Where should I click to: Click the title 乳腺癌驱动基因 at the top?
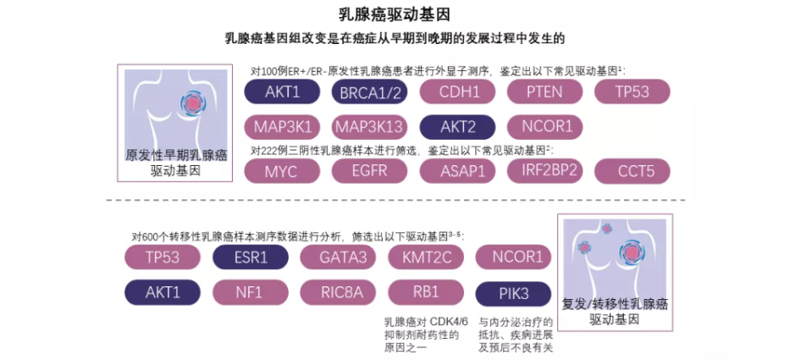tap(406, 14)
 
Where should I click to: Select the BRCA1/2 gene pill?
tap(369, 92)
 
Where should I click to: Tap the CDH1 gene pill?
tap(456, 91)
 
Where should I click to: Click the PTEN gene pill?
tap(544, 91)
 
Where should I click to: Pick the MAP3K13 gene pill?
tap(369, 127)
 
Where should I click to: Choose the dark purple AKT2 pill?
tap(456, 127)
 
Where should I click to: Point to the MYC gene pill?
tap(281, 170)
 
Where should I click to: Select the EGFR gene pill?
tap(369, 170)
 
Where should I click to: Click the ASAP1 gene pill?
tap(456, 170)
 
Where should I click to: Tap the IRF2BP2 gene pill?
tap(544, 170)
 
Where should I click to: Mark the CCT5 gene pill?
tap(632, 171)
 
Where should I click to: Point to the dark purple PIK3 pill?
tap(513, 294)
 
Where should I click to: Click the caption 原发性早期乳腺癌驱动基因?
tap(176, 163)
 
